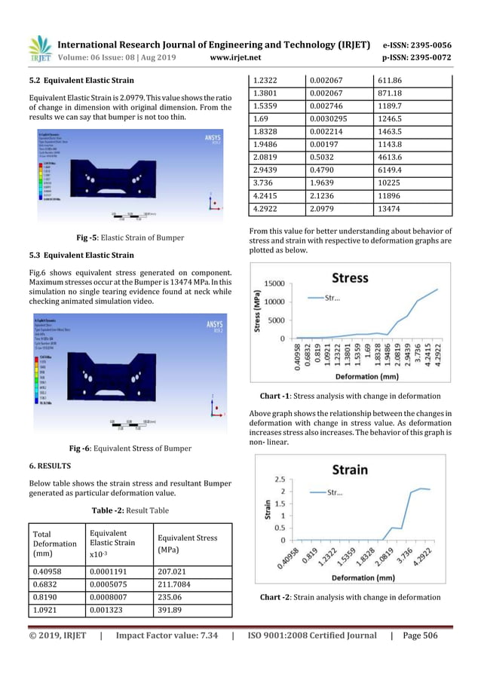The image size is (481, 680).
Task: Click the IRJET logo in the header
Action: tap(38, 48)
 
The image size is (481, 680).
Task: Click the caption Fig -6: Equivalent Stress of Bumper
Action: tap(129, 449)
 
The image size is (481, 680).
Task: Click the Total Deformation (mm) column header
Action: tap(54, 544)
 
